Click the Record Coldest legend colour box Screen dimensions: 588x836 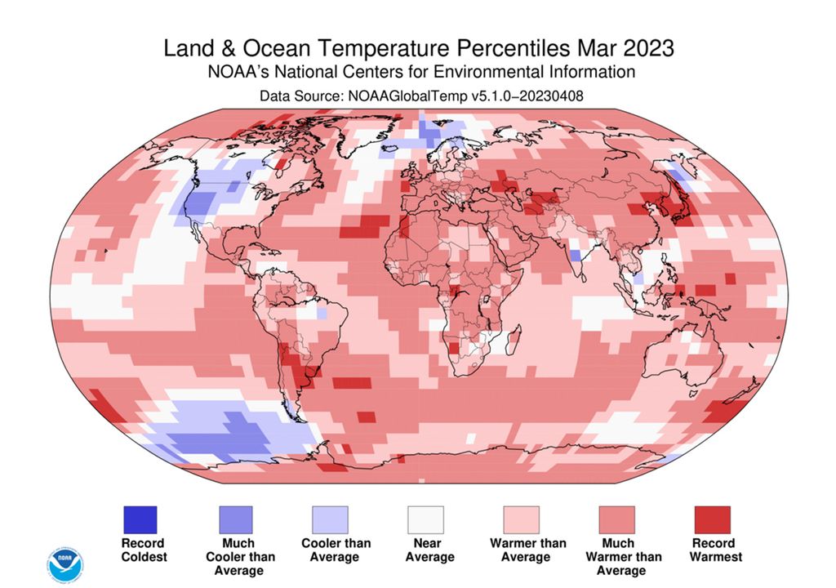pyautogui.click(x=140, y=519)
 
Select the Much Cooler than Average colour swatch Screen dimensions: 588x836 pyautogui.click(x=235, y=519)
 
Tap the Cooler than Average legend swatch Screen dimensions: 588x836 pyautogui.click(x=330, y=519)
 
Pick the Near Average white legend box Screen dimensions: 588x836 pyautogui.click(x=425, y=519)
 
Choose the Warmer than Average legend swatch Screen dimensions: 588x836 pyautogui.click(x=521, y=519)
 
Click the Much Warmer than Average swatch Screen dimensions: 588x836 pyautogui.click(x=616, y=519)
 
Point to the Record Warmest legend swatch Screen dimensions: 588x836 pyautogui.click(x=712, y=519)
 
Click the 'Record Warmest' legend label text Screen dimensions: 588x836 pyautogui.click(x=715, y=550)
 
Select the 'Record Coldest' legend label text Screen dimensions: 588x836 pyautogui.click(x=143, y=550)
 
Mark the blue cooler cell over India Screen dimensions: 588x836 pyautogui.click(x=576, y=255)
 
